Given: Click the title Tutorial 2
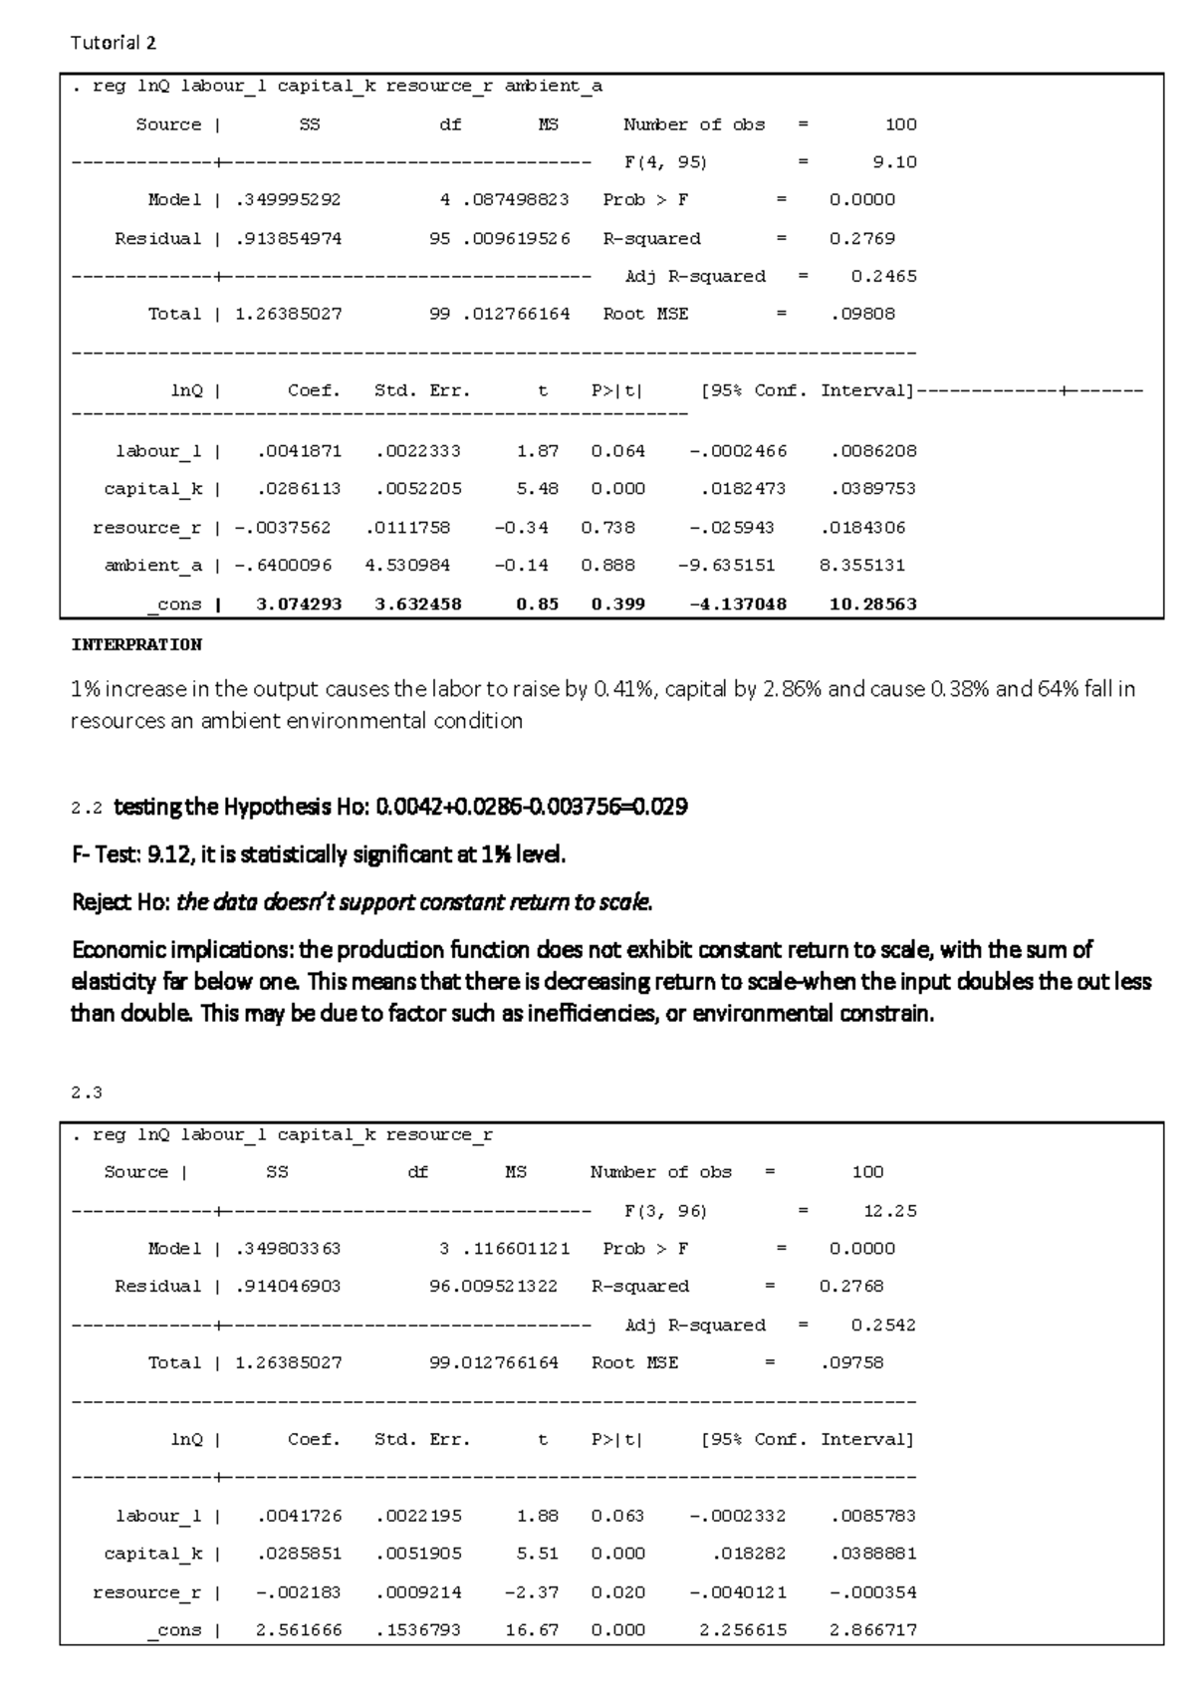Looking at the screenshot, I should click(x=113, y=43).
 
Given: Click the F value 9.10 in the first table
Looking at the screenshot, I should click(x=894, y=161).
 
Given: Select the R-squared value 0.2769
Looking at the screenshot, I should click(x=861, y=238).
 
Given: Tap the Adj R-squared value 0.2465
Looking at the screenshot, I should click(x=883, y=276).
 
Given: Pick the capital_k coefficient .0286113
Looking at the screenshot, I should click(x=299, y=488).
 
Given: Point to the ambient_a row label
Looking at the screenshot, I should click(x=152, y=565).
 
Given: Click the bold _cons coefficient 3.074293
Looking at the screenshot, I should click(x=299, y=603).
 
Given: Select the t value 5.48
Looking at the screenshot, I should click(x=537, y=488).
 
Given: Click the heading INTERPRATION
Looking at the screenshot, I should click(x=135, y=644).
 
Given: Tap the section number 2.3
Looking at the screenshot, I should click(x=87, y=1091).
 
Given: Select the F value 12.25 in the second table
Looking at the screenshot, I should click(x=889, y=1211).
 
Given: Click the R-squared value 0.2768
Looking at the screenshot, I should click(x=851, y=1286).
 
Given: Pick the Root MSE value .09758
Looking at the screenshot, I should click(x=851, y=1362).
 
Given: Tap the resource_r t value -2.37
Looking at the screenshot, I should click(x=532, y=1591).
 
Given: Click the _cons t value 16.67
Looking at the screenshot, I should click(x=537, y=1630).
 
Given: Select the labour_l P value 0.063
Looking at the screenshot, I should click(x=617, y=1515).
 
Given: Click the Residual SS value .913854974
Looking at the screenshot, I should click(x=288, y=238).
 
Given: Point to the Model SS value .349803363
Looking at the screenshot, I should click(x=288, y=1248).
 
